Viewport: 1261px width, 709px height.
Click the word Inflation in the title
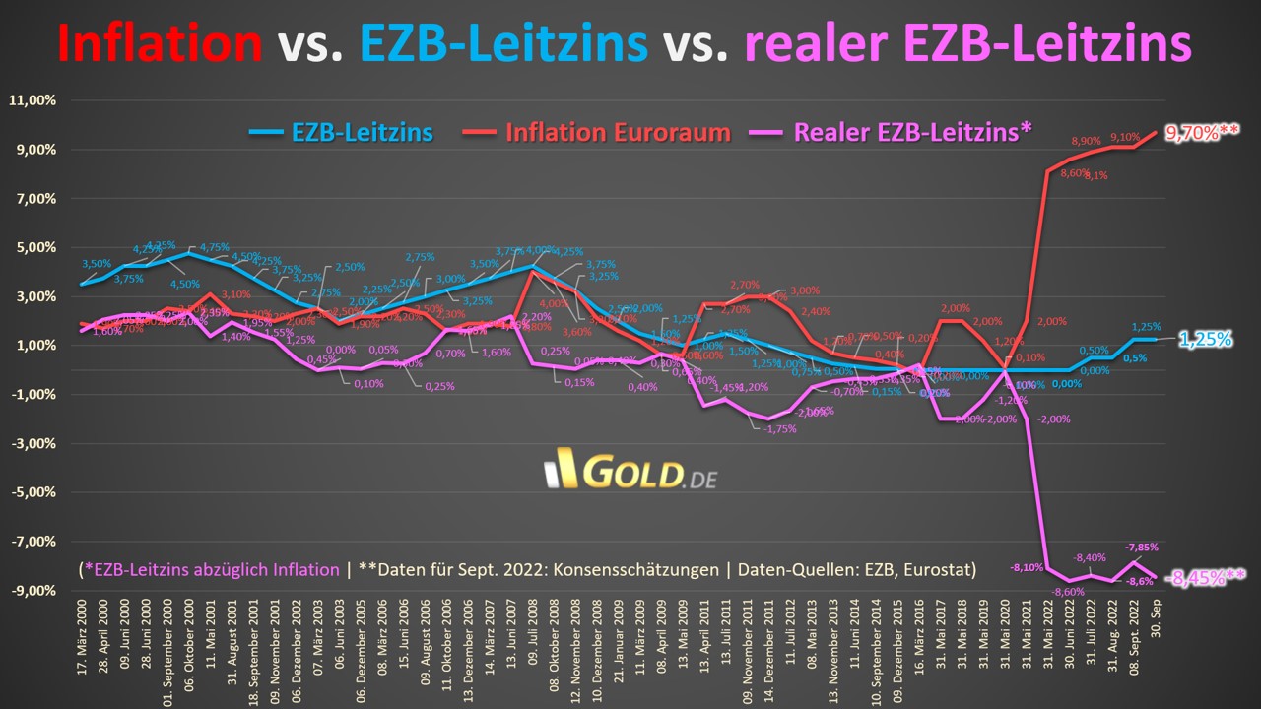[x=159, y=43]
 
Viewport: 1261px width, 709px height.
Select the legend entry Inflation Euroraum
[x=617, y=132]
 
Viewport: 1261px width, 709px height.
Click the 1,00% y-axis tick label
[x=36, y=346]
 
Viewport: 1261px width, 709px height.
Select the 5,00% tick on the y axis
[x=36, y=248]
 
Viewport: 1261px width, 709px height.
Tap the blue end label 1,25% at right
[x=1206, y=339]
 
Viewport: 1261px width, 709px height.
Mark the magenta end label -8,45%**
[x=1205, y=578]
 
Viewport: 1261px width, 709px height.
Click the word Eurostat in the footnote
[x=941, y=569]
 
